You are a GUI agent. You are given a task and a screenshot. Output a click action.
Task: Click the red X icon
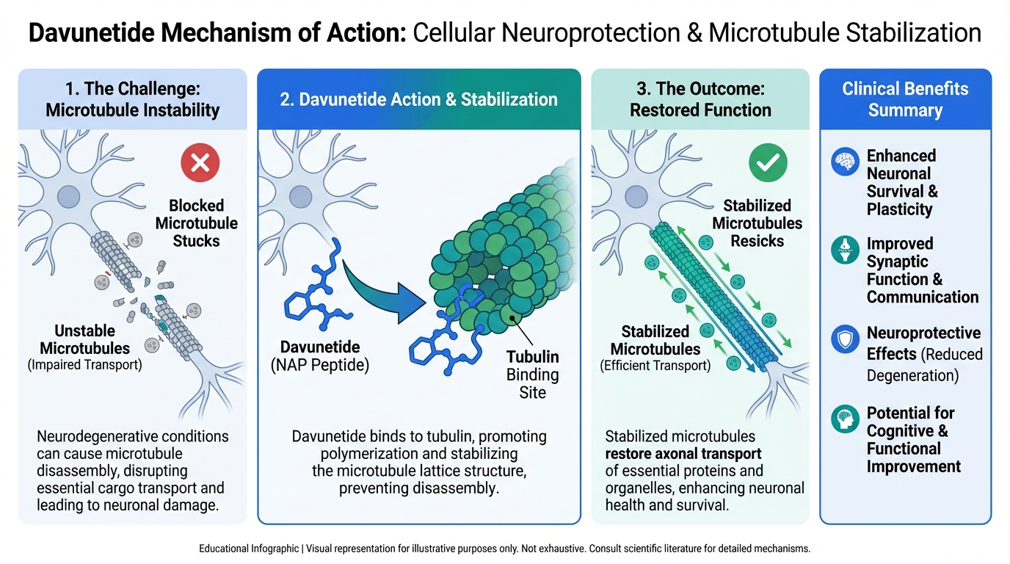point(200,163)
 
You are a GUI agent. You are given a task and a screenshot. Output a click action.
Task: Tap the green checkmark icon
point(768,162)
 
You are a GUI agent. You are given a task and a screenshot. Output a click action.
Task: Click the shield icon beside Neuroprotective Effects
point(846,339)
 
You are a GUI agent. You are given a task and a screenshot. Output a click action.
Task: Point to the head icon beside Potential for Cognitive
point(846,419)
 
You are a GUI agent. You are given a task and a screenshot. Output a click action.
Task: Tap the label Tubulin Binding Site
point(532,375)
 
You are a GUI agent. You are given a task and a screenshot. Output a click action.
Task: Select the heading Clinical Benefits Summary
point(905,100)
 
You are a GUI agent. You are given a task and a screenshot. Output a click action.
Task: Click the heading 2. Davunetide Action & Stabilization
point(418,100)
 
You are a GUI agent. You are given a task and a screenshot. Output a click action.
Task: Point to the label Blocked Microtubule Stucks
point(196,223)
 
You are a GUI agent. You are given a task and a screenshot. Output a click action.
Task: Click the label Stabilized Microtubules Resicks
point(757,223)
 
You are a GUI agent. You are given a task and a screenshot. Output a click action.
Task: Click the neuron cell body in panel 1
point(68,196)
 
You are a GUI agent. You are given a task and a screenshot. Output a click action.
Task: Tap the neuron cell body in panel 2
point(300,196)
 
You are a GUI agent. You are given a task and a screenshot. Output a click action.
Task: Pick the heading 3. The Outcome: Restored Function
point(700,100)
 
